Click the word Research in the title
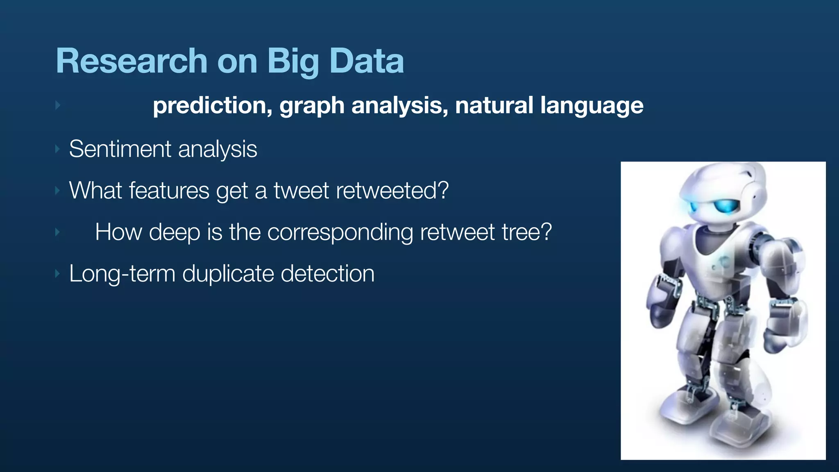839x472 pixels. pos(132,61)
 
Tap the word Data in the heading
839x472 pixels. pos(367,61)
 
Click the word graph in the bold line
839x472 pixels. pos(312,105)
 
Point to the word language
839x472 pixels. pos(592,105)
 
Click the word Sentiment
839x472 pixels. pos(120,149)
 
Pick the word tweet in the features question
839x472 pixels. pos(301,191)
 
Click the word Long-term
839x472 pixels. pos(122,274)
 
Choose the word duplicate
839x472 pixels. pos(228,274)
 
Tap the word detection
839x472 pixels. pos(327,274)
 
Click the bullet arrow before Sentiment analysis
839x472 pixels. pos(58,149)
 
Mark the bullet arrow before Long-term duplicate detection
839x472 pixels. pos(58,274)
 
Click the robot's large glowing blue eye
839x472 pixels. pos(725,206)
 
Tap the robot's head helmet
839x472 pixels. pos(721,180)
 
